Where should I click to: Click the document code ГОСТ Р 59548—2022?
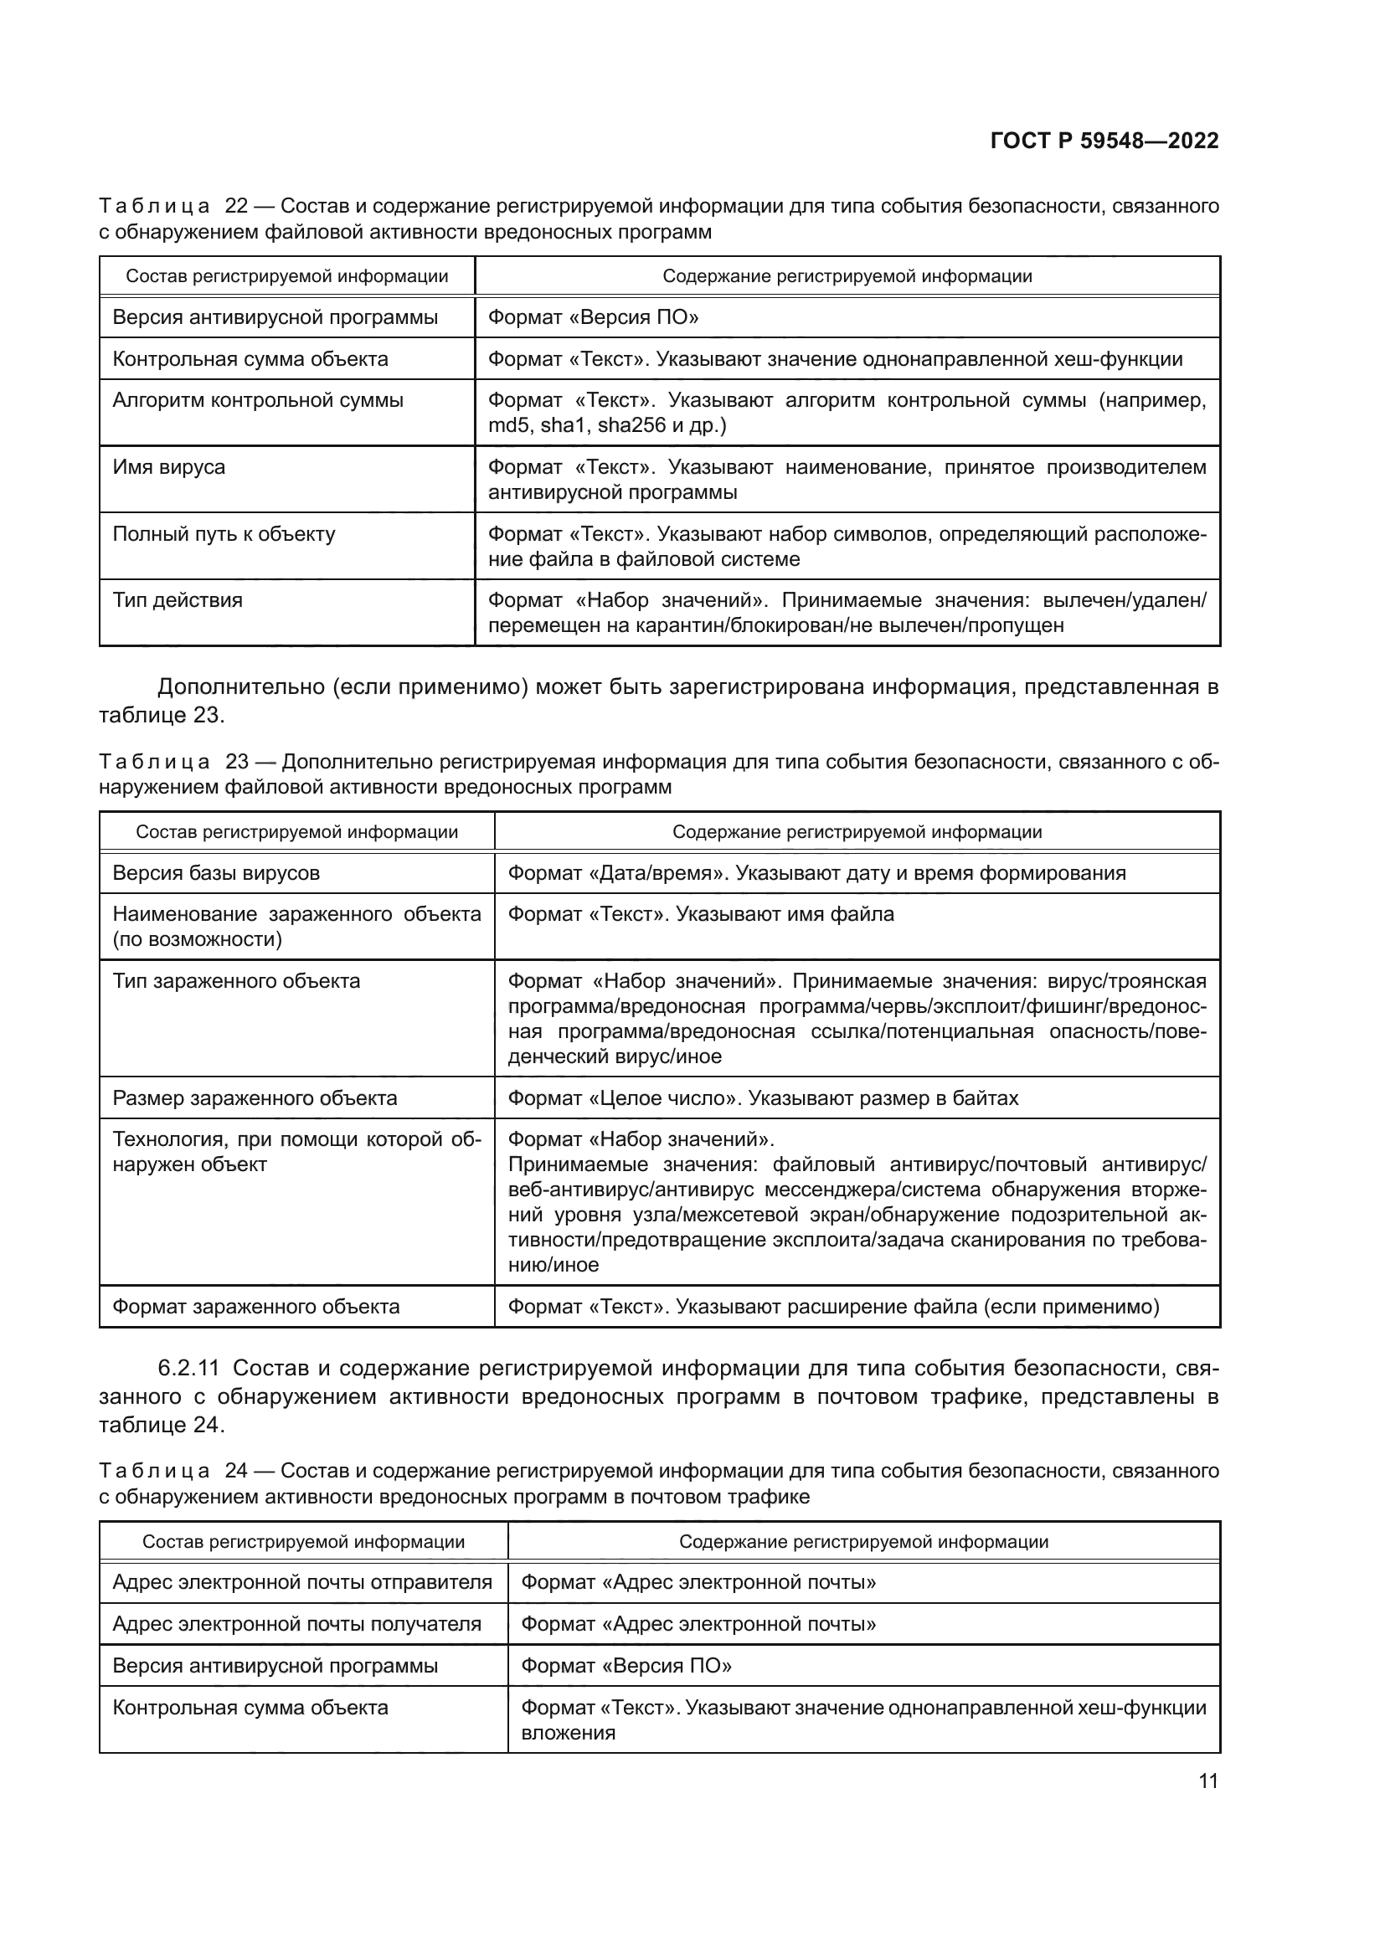coord(1104,141)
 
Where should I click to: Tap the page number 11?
coord(1207,1781)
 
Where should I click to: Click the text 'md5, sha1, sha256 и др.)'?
coord(606,425)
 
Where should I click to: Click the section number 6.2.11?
coord(188,1369)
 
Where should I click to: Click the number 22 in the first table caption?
coord(236,207)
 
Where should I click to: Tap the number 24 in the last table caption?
coord(236,1471)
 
